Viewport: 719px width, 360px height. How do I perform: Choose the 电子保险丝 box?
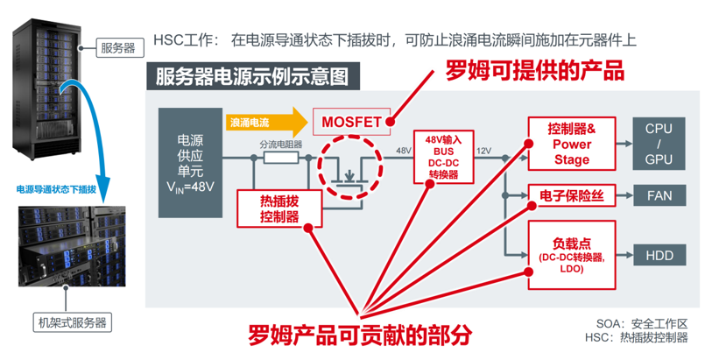point(571,194)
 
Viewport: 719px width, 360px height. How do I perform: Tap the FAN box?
point(659,194)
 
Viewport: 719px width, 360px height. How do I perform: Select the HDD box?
point(659,256)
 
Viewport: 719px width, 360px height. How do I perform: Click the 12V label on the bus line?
point(483,151)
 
